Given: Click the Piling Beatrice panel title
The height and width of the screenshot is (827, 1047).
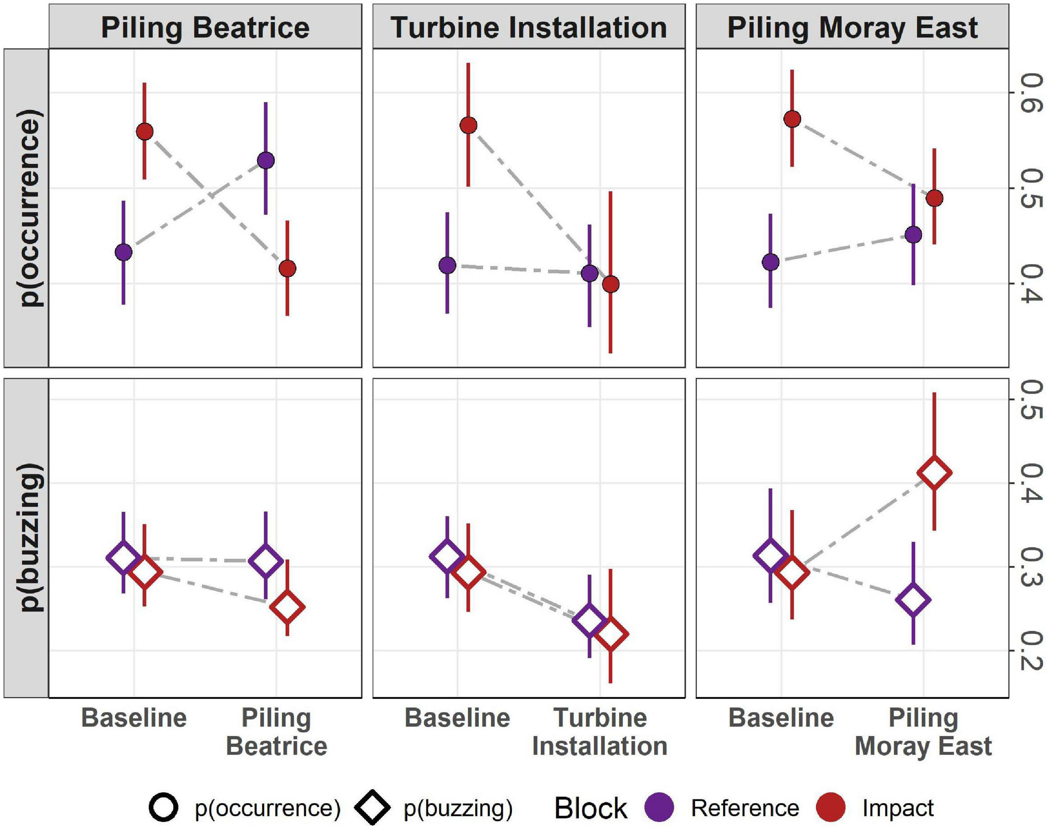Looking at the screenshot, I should (x=205, y=27).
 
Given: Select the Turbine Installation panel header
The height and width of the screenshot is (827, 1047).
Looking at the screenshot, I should (x=529, y=27).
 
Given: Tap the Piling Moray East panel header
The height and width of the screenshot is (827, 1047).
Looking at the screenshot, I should (x=852, y=27).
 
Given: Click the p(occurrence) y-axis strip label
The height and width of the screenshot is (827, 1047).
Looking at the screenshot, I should (x=30, y=208).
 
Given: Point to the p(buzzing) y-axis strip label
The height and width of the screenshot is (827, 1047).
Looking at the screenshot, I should (x=30, y=538).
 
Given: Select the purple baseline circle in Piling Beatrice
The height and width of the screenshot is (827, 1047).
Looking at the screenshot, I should (x=124, y=252).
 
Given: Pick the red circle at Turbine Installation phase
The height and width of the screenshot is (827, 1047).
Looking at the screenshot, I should (x=611, y=285).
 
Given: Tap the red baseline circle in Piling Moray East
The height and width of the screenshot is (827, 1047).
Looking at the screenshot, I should (x=792, y=119).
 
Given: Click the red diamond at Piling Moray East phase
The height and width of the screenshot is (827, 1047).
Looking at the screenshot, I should (x=935, y=473).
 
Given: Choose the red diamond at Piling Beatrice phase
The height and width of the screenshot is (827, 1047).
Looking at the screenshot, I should (x=287, y=607).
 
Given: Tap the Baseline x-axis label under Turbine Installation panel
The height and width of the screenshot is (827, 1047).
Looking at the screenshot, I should (x=457, y=718).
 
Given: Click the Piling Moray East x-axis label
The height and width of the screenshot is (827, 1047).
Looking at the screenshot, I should (x=923, y=732).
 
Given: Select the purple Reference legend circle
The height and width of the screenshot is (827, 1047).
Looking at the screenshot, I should (x=660, y=808).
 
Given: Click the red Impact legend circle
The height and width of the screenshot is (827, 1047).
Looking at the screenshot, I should (x=831, y=808).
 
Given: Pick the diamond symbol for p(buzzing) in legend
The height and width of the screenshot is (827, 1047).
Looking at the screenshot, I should (x=372, y=808).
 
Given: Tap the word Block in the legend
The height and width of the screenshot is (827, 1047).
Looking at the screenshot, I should (x=591, y=808).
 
